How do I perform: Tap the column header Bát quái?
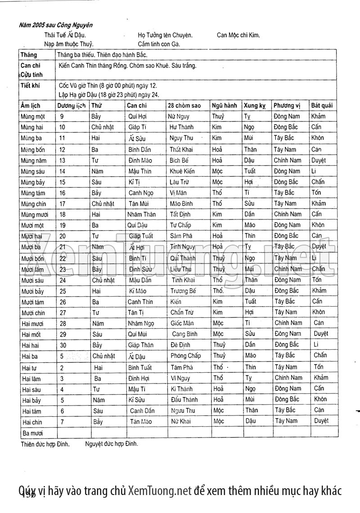tap(322, 106)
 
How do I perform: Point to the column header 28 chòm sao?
tap(184, 106)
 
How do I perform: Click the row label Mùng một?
tap(33, 116)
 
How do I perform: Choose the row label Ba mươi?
tap(31, 433)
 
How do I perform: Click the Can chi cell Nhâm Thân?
tap(141, 214)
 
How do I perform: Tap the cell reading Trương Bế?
tap(183, 291)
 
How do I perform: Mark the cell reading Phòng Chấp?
tap(185, 356)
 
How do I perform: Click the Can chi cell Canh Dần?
tap(142, 410)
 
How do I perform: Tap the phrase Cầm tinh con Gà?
tap(159, 44)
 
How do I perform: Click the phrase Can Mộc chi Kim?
tap(238, 35)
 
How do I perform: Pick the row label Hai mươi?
tap(32, 323)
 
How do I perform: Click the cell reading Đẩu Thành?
tap(184, 399)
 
